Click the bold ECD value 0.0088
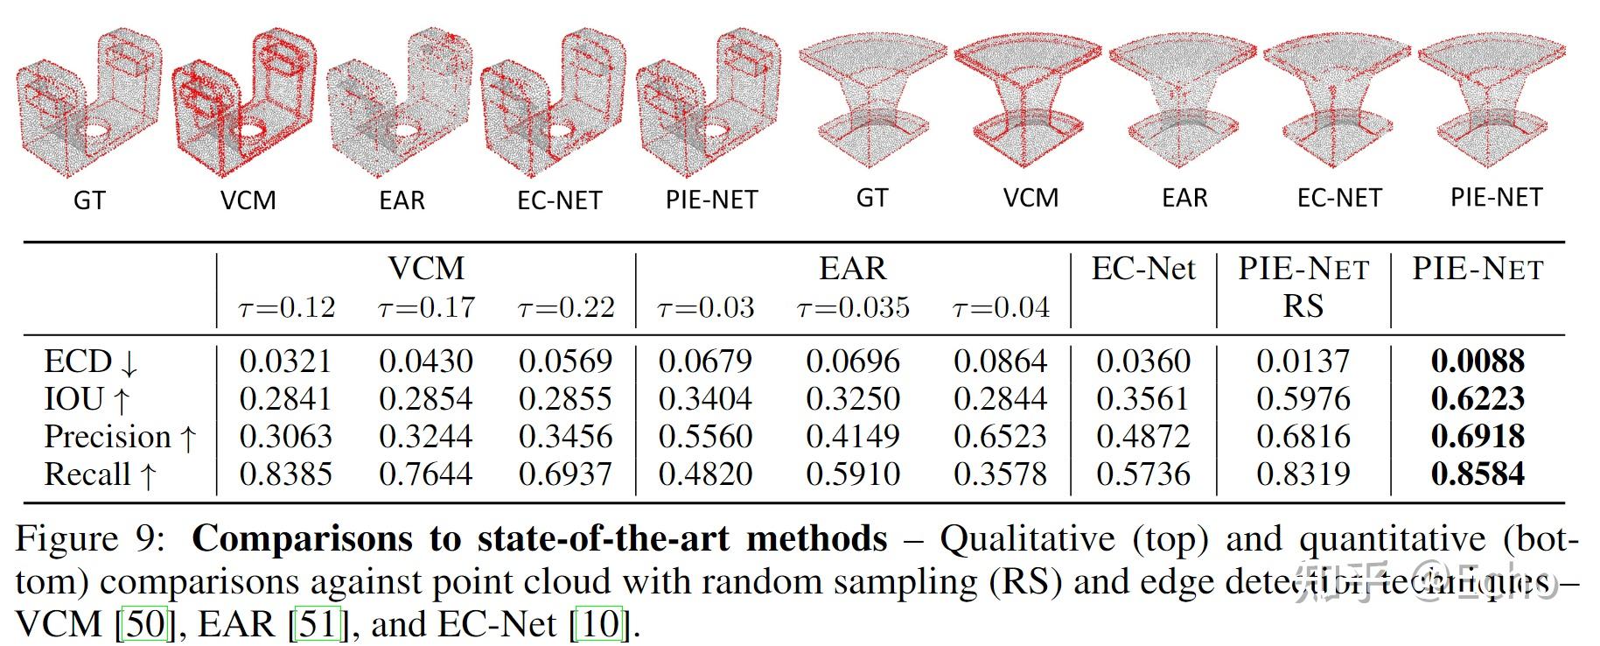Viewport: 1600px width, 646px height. pos(1478,361)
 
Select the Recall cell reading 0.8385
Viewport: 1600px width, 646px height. pos(286,474)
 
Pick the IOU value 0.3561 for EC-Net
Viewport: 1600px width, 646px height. pos(1142,398)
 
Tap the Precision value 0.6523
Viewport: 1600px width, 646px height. pos(1000,436)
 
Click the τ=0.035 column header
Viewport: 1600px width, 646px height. pos(853,307)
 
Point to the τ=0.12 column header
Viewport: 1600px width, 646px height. pos(286,307)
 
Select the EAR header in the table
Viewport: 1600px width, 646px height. pos(852,268)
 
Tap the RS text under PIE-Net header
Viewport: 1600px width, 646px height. pos(1303,305)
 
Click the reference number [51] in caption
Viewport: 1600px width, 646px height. pos(317,623)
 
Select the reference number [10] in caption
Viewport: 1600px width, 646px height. pos(599,623)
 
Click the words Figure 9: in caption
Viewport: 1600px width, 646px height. pos(90,538)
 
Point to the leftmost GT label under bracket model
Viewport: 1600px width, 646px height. pos(89,200)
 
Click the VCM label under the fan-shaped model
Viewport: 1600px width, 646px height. pos(1031,197)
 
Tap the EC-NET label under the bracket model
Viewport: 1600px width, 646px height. pos(559,200)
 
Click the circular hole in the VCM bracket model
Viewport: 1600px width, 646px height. pos(251,131)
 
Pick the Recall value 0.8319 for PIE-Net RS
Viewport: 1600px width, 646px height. pos(1303,474)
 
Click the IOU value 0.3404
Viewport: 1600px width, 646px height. pos(704,398)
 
